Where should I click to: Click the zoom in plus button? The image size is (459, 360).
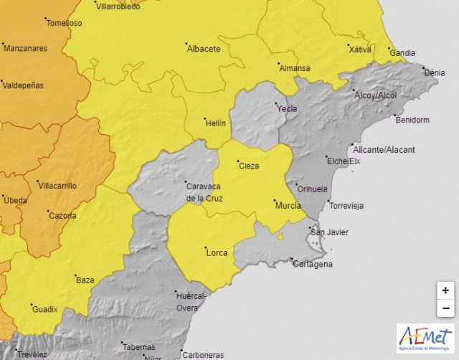click(445, 290)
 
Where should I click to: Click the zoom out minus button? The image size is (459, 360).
click(445, 308)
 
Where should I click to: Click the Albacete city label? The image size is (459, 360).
click(203, 49)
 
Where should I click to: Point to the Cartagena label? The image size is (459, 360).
click(313, 264)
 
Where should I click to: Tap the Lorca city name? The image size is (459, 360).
click(217, 252)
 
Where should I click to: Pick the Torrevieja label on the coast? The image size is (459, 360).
click(346, 205)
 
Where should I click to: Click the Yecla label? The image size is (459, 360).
click(287, 108)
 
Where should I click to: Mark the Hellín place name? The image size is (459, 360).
click(215, 123)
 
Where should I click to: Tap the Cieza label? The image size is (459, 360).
click(248, 166)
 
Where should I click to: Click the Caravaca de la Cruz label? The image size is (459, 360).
click(205, 191)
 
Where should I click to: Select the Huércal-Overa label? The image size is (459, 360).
click(191, 301)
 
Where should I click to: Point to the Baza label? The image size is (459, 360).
click(85, 280)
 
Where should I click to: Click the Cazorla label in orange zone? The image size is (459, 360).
click(62, 214)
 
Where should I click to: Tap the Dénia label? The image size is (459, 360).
click(434, 72)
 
